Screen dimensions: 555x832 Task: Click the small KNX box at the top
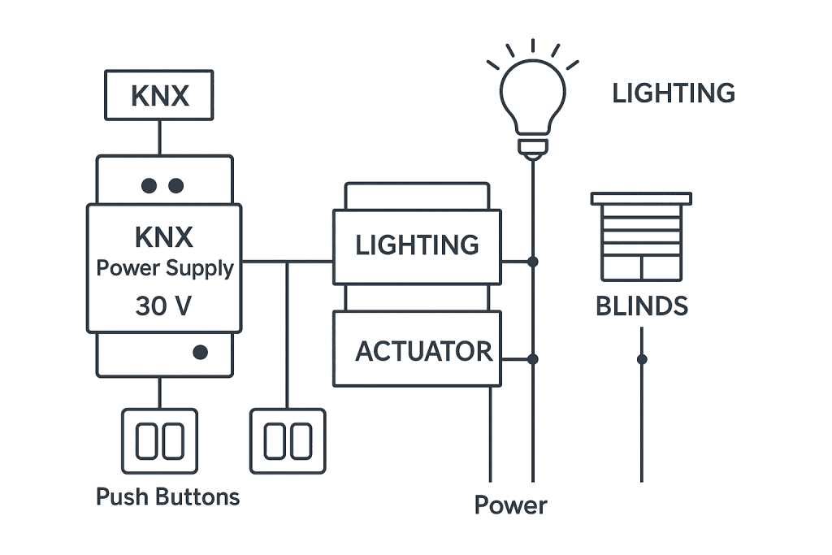coord(159,96)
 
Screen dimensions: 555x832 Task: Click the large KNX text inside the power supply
coord(164,238)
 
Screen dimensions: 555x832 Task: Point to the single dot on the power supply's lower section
coord(201,353)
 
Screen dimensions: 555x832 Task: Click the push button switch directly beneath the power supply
coord(159,441)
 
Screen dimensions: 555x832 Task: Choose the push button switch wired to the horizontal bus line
coord(288,441)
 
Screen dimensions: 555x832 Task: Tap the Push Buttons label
coord(167,496)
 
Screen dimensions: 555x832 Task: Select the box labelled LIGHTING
coord(417,245)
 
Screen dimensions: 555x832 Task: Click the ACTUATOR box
coord(417,350)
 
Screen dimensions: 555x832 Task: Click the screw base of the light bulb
coord(532,148)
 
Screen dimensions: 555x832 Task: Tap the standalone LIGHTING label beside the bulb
coord(673,93)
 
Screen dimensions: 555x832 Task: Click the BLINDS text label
coord(641,306)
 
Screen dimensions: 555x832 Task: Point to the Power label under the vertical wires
coord(510,505)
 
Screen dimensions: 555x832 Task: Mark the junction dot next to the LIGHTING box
coord(533,262)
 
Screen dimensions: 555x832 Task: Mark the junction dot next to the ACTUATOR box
coord(533,358)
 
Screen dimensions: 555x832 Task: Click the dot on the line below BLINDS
coord(642,359)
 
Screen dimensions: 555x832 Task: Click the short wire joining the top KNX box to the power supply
coord(159,137)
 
